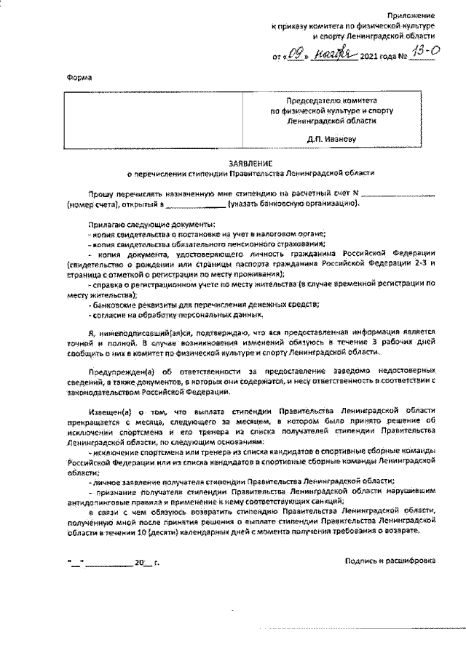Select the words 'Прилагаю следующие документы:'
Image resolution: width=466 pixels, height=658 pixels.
(x=138, y=225)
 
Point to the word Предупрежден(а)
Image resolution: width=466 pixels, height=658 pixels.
(x=121, y=370)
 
